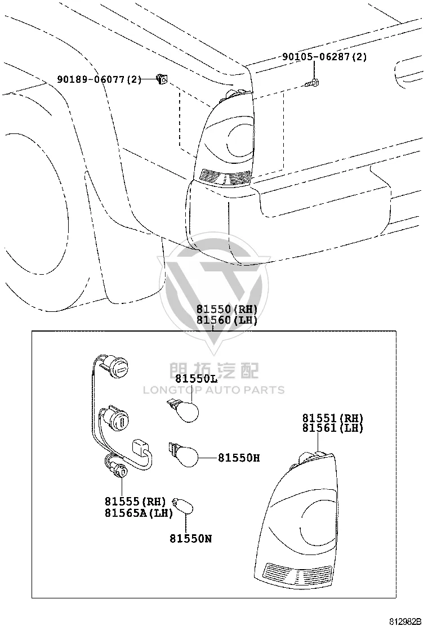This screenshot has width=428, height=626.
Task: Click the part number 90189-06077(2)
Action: [99, 79]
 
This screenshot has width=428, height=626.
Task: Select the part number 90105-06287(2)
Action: [324, 57]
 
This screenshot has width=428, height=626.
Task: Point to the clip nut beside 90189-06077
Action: [162, 80]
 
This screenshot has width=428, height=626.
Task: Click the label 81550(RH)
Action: [226, 310]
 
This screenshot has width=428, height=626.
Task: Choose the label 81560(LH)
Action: [226, 320]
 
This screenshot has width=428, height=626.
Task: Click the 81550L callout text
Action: [196, 378]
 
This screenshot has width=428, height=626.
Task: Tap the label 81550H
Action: [239, 458]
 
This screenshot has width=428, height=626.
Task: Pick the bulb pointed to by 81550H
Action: [184, 454]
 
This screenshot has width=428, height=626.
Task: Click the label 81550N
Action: [191, 539]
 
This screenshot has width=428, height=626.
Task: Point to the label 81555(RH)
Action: [135, 502]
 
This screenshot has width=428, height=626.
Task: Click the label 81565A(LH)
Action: [139, 513]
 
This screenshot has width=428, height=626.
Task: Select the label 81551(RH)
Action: [333, 418]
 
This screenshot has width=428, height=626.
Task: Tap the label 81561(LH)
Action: [333, 428]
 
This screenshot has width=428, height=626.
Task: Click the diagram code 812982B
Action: [405, 621]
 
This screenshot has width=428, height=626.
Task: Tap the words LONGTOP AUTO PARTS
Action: [214, 390]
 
